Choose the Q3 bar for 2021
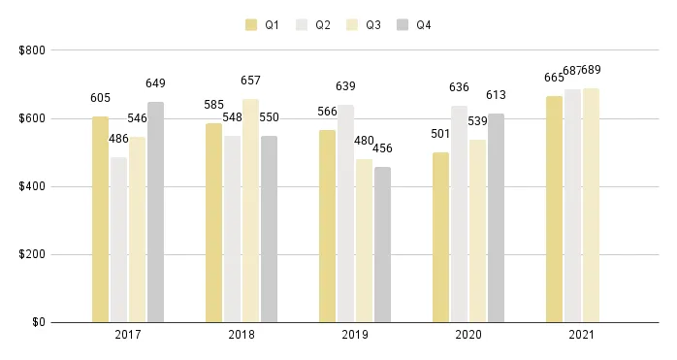coord(591,205)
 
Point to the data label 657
coord(250,81)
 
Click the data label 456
coord(382,148)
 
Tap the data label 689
coord(591,69)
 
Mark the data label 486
coord(118,139)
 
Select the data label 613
coord(497,95)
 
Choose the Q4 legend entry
coord(413,24)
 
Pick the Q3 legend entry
coord(363,24)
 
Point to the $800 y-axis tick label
coord(32,50)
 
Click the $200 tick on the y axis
coord(32,254)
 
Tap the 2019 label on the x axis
coord(355,335)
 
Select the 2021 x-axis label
coord(582,335)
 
